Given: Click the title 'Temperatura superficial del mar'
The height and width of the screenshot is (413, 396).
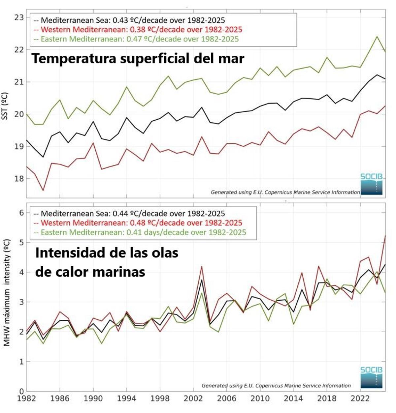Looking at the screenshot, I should pos(138,59).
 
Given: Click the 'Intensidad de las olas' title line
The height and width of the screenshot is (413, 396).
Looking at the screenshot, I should pos(107,253).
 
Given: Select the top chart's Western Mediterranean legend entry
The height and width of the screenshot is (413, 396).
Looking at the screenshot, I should pos(138,30).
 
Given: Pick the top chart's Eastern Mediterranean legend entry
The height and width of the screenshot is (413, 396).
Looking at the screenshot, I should pos(136,39).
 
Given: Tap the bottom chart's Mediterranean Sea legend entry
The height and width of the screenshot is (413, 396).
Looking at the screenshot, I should pos(129,214).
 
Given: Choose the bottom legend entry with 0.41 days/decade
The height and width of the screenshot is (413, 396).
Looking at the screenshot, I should pos(140,232).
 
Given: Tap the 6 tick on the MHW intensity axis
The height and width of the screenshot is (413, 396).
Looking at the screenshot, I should pos(21,213).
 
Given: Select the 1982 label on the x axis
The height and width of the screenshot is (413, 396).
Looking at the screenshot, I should pos(26,399).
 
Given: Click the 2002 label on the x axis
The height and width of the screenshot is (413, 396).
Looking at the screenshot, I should pos(193,399).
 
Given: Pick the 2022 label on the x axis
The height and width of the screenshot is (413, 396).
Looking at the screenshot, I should pos(360,399).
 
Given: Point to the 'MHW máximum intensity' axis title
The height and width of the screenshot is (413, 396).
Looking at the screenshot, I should pos(6,293).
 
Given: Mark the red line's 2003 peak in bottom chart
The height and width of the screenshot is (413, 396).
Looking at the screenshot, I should pos(202,266).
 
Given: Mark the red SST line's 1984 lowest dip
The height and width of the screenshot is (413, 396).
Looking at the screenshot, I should pos(43,191).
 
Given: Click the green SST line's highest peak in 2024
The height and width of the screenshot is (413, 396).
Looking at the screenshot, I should pos(377,36).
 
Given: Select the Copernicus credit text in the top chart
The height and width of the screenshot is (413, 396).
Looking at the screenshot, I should pos(285,192).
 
